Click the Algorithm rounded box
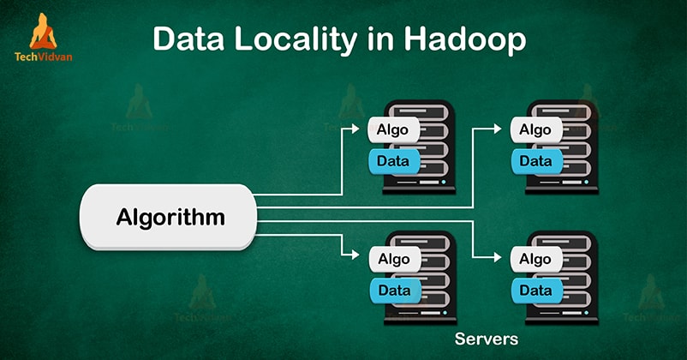[170, 217]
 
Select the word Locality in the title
[296, 40]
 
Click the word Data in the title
[191, 40]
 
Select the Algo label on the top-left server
[394, 130]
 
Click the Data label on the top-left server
[393, 160]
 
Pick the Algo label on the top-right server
[536, 130]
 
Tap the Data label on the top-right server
[535, 160]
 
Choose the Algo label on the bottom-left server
[394, 259]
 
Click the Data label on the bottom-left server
[393, 290]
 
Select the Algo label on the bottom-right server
[536, 259]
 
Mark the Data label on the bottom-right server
[535, 290]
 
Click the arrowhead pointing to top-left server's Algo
[361, 130]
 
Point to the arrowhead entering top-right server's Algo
[503, 130]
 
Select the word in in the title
[373, 40]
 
